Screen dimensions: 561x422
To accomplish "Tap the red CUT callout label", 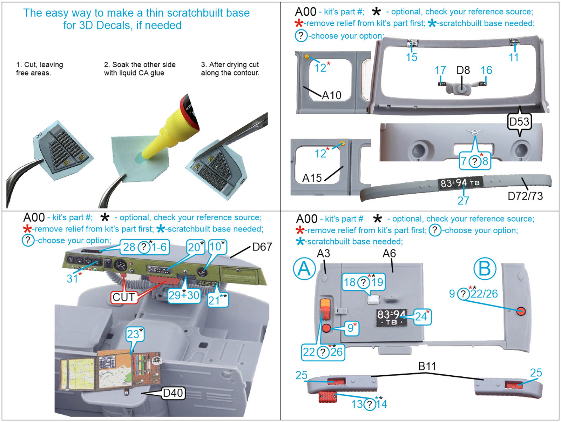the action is (x=123, y=297).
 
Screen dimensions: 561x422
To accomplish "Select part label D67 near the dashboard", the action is (x=262, y=247).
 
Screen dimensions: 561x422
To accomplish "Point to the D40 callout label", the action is (x=173, y=393).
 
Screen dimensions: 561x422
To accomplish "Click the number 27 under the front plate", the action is (x=463, y=201).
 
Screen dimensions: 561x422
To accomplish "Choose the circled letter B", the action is (x=485, y=269).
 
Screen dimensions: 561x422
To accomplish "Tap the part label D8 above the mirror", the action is (x=463, y=70).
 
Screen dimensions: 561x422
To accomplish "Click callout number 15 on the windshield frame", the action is (x=412, y=57).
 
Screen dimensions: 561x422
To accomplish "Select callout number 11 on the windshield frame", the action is (x=513, y=57).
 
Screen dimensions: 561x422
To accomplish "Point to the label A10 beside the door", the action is (x=331, y=95).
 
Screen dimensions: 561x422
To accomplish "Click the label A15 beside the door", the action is (x=312, y=178).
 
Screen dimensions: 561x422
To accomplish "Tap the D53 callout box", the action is (x=519, y=122).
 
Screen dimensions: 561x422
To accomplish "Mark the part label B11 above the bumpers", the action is (x=427, y=366).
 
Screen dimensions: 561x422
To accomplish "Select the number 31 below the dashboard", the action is (x=72, y=279).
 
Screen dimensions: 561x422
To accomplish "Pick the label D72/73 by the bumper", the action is (x=525, y=196).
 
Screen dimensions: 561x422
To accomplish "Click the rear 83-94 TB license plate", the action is (x=391, y=318).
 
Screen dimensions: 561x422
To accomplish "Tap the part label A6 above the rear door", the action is (x=389, y=254).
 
